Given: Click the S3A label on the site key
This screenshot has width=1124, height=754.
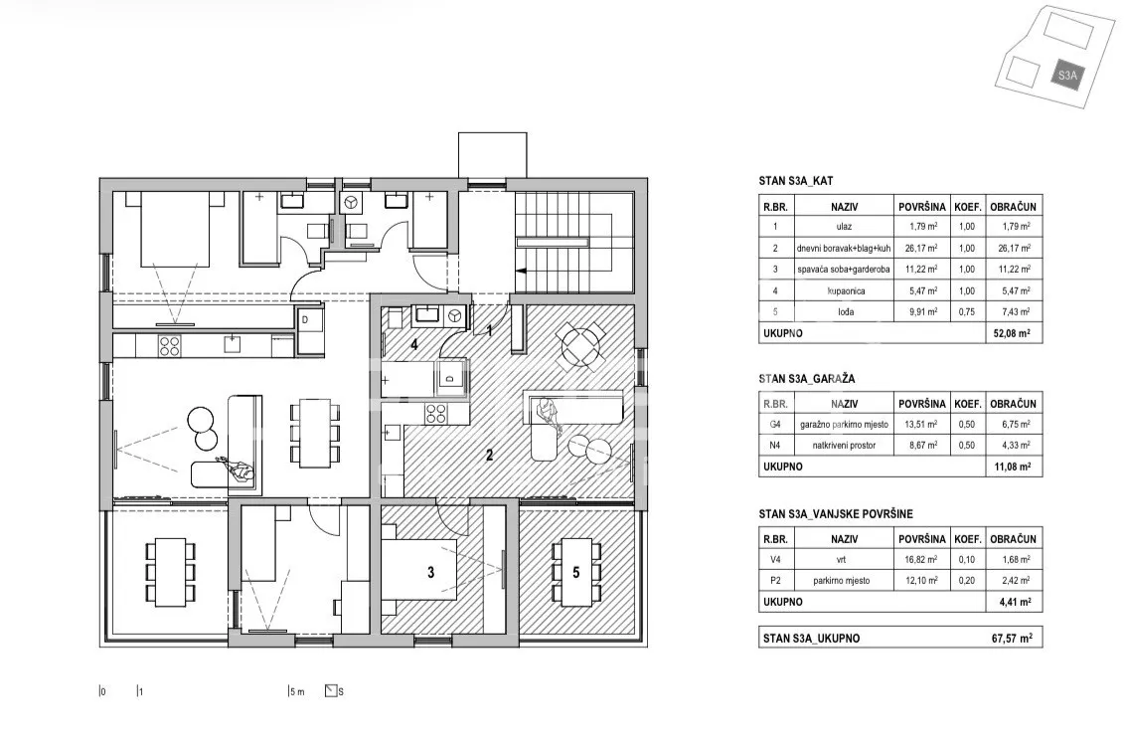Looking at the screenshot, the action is pyautogui.click(x=1067, y=75).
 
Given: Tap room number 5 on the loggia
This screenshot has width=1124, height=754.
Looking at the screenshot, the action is pyautogui.click(x=575, y=572).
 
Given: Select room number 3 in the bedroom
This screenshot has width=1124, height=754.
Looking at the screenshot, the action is pyautogui.click(x=430, y=572).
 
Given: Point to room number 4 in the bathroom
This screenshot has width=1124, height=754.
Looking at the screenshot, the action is pyautogui.click(x=413, y=344).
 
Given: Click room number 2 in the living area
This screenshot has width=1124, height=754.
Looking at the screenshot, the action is pyautogui.click(x=489, y=455).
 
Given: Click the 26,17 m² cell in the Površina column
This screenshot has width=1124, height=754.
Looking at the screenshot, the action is pyautogui.click(x=922, y=249).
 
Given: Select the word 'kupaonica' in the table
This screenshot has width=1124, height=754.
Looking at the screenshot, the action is pyautogui.click(x=846, y=291).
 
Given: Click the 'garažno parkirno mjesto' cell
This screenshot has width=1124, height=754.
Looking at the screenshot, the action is pyautogui.click(x=845, y=425).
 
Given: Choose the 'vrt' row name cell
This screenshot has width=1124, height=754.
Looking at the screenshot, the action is pyautogui.click(x=845, y=560).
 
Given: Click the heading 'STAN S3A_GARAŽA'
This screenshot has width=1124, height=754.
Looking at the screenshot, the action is pyautogui.click(x=806, y=379).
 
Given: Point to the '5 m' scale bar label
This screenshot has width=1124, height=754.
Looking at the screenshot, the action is pyautogui.click(x=297, y=691).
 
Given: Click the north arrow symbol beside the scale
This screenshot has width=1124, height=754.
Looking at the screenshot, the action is pyautogui.click(x=331, y=691).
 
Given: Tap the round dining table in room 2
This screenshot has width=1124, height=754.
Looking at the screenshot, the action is pyautogui.click(x=581, y=345).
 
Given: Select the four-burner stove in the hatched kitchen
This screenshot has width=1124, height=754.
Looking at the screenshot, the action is pyautogui.click(x=436, y=413).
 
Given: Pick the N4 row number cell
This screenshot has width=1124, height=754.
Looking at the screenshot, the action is pyautogui.click(x=775, y=446).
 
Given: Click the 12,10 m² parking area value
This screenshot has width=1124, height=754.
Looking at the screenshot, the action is pyautogui.click(x=922, y=580).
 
